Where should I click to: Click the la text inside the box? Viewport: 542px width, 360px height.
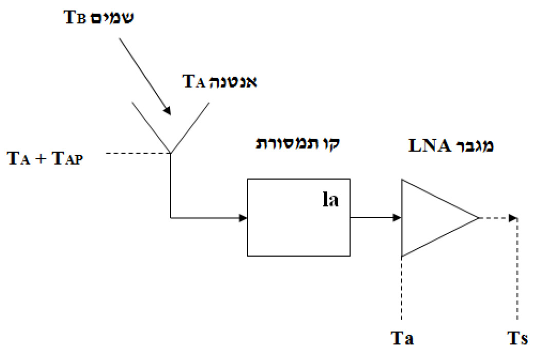pos(330,199)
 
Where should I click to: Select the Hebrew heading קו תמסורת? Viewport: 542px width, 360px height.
pos(298,144)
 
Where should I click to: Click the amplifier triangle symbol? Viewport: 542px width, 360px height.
pos(431,218)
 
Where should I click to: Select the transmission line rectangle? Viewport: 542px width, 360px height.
pos(298,217)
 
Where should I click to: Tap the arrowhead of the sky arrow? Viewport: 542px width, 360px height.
pos(166,110)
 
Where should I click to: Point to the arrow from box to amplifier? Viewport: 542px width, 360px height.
pos(375,218)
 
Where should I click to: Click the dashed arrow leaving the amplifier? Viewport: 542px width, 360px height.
pos(498,218)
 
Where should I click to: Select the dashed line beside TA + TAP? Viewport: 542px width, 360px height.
pos(135,153)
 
